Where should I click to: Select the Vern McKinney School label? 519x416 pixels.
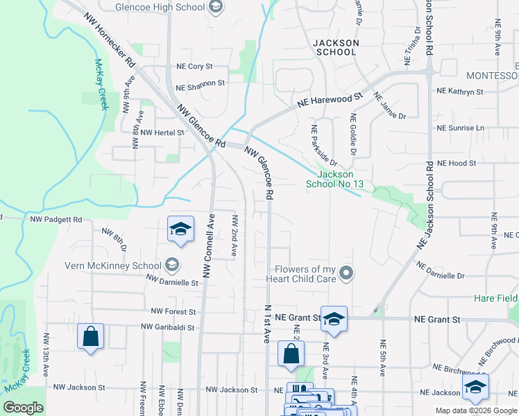[x=113, y=265]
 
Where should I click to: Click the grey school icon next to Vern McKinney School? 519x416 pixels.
[x=171, y=265]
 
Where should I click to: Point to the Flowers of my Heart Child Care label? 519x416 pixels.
[x=305, y=274]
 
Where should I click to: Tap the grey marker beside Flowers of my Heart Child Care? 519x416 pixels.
[x=348, y=274]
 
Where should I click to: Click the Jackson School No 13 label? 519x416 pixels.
[x=335, y=179]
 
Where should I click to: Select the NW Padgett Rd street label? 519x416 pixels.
[x=56, y=219]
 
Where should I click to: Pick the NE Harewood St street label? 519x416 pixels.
[x=330, y=99]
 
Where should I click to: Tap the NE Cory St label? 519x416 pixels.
[x=194, y=67]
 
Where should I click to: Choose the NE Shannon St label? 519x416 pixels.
[x=201, y=88]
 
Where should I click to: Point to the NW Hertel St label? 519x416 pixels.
[x=162, y=132]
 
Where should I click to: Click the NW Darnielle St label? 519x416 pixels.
[x=172, y=281]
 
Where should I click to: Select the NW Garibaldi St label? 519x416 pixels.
[x=169, y=326]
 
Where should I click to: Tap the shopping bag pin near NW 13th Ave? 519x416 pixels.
[x=90, y=338]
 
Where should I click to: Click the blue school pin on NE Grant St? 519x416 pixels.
[x=334, y=320]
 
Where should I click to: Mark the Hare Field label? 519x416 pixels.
[x=496, y=297]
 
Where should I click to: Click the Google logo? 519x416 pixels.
[x=24, y=408]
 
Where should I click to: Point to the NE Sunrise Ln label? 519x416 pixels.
[x=460, y=128]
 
